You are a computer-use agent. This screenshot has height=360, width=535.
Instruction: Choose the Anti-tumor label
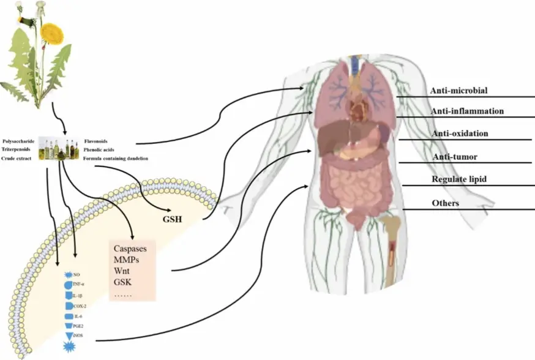(x=455, y=157)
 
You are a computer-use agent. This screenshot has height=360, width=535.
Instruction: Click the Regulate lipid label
(x=459, y=179)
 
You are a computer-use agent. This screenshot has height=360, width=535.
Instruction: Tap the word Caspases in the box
(x=135, y=249)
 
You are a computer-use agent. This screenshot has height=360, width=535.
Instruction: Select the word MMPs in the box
(x=127, y=261)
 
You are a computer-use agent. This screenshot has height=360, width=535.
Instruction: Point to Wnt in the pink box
(x=122, y=272)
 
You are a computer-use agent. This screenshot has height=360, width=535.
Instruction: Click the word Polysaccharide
(x=19, y=140)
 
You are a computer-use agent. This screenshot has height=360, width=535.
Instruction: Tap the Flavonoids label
(x=96, y=140)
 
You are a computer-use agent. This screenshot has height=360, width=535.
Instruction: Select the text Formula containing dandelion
(x=115, y=159)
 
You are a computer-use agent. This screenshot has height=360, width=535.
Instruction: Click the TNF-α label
(x=78, y=285)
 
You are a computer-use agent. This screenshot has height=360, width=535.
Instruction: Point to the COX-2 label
(x=79, y=305)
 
